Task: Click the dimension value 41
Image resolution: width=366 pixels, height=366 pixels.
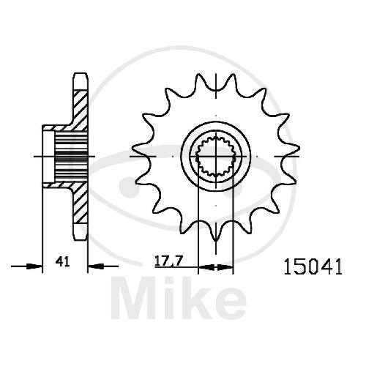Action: pyautogui.click(x=62, y=261)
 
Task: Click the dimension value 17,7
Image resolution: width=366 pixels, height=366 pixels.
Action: pyautogui.click(x=168, y=261)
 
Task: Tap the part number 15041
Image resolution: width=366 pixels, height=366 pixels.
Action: pyautogui.click(x=313, y=267)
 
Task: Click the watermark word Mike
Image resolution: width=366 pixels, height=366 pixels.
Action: pyautogui.click(x=179, y=298)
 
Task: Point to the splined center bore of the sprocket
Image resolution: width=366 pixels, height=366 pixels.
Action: pyautogui.click(x=216, y=157)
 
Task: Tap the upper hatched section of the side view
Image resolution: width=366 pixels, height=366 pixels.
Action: pyautogui.click(x=80, y=110)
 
